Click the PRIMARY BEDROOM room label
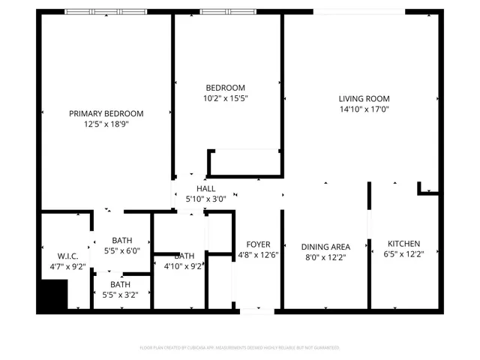pyautogui.click(x=106, y=114)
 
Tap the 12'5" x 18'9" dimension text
pyautogui.click(x=106, y=124)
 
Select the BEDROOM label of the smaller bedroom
pyautogui.click(x=226, y=87)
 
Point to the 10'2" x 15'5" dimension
pyautogui.click(x=226, y=98)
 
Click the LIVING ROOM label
pyautogui.click(x=364, y=98)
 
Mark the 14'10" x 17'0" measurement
pyautogui.click(x=364, y=109)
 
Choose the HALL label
pyautogui.click(x=205, y=189)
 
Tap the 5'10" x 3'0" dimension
pyautogui.click(x=205, y=199)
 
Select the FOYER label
pyautogui.click(x=257, y=244)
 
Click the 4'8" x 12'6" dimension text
pyautogui.click(x=257, y=256)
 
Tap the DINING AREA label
pyautogui.click(x=325, y=247)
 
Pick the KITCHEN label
pyautogui.click(x=403, y=244)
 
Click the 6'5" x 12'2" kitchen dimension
pyautogui.click(x=403, y=255)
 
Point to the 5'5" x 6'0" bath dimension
pyautogui.click(x=121, y=251)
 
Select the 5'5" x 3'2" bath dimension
pyautogui.click(x=121, y=295)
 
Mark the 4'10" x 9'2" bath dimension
pyautogui.click(x=183, y=266)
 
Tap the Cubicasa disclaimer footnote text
pyautogui.click(x=240, y=348)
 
